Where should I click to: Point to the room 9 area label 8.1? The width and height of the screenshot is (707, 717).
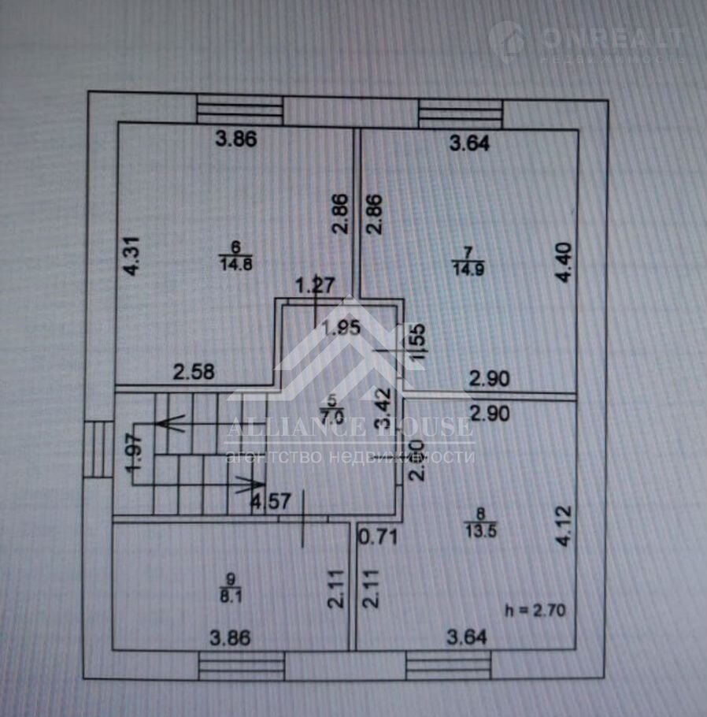(230, 597)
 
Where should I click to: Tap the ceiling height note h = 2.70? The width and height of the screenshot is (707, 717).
(535, 609)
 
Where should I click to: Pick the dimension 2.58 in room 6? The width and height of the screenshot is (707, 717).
(194, 372)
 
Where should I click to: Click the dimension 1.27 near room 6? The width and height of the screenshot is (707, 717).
(315, 284)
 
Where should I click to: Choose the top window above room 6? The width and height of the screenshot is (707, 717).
(239, 110)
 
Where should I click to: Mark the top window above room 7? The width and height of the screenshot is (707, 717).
(461, 113)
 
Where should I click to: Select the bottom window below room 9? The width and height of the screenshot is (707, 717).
(241, 665)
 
